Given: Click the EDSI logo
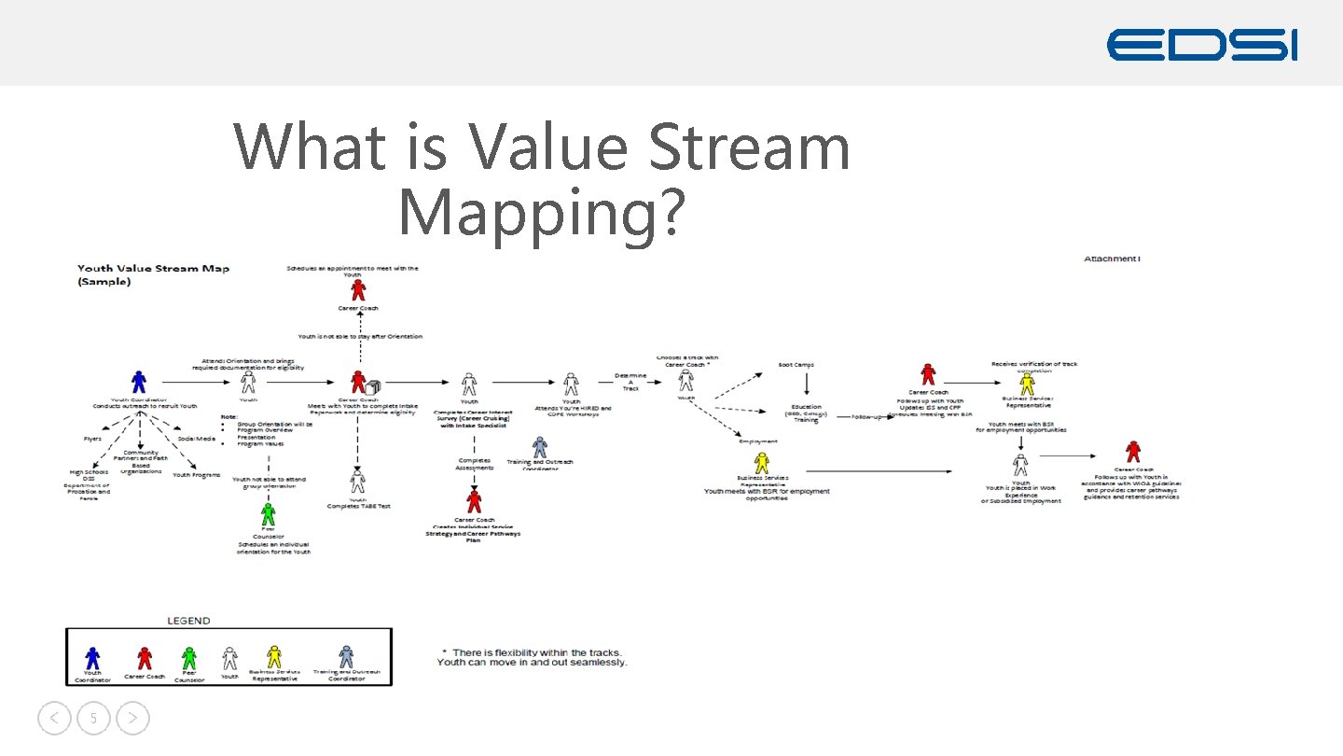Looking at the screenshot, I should [1201, 45].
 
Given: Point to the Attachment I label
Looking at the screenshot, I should [1112, 259].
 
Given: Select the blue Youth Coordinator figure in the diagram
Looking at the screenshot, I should [139, 382].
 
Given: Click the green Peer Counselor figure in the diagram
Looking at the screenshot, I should [269, 513].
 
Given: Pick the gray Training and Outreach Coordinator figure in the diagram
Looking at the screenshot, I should [540, 447].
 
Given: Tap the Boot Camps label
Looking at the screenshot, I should [796, 365].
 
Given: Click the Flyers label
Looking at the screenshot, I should [92, 439].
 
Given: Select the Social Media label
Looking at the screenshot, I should [197, 439].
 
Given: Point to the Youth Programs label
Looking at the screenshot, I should [196, 475].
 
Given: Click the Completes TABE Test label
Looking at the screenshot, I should [358, 506].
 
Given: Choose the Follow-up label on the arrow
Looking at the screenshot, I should [866, 417].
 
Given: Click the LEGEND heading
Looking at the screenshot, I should [188, 621].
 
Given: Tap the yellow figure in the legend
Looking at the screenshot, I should [274, 657].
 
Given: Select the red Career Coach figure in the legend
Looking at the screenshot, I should [145, 658].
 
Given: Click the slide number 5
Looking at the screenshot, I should [93, 719].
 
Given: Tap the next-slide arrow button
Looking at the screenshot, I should [133, 719].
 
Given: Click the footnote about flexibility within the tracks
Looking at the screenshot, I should [533, 657].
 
